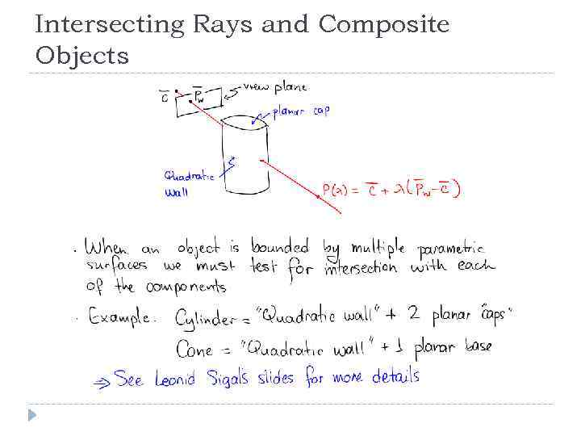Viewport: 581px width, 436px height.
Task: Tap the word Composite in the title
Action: (384, 25)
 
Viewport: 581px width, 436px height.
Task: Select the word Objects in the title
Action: (82, 56)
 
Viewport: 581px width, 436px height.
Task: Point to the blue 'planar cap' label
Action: (300, 111)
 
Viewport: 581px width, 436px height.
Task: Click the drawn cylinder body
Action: (246, 157)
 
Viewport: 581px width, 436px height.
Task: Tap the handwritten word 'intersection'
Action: (360, 267)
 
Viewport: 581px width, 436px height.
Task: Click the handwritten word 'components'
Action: (186, 287)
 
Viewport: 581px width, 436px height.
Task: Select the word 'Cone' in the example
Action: (194, 349)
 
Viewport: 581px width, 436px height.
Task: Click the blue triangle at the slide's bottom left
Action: (31, 415)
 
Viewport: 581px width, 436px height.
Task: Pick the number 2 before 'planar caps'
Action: (414, 315)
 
